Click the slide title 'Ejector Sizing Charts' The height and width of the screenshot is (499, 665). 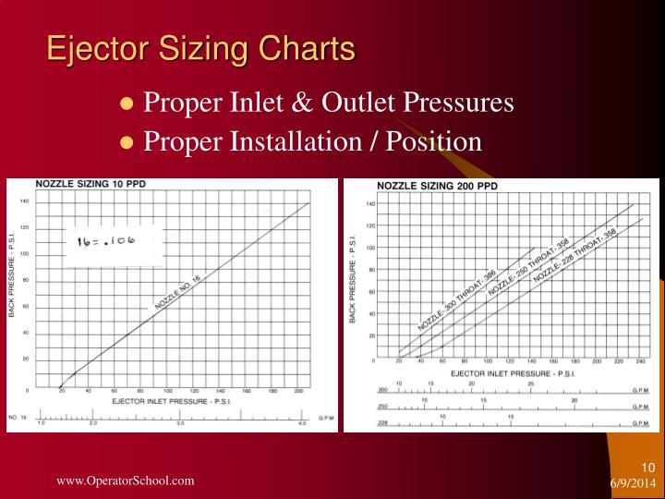tap(201, 48)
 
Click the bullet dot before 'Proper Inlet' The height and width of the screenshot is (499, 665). tap(128, 103)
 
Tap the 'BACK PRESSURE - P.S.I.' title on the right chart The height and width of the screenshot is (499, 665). tap(353, 278)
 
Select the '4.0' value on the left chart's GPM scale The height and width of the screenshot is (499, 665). tap(301, 422)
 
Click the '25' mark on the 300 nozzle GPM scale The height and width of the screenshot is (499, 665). tap(530, 383)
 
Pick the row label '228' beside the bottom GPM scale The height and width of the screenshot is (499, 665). tap(381, 422)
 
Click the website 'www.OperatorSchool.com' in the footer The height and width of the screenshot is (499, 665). tap(126, 481)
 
